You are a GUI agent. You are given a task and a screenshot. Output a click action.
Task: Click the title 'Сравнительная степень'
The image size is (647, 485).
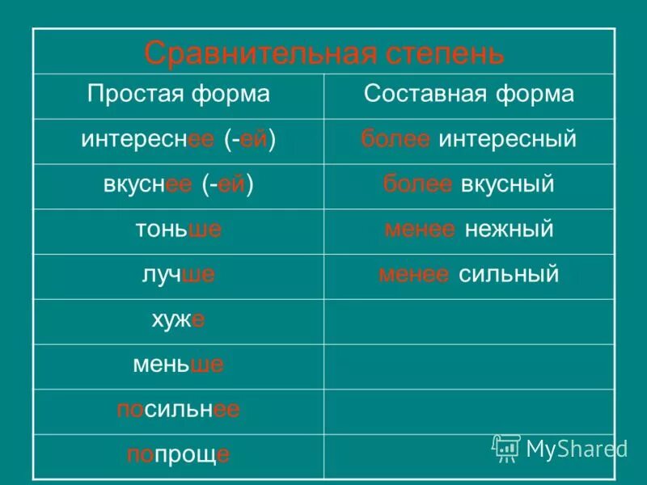(x=323, y=53)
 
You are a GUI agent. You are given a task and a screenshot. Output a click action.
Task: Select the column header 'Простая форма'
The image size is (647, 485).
(x=178, y=95)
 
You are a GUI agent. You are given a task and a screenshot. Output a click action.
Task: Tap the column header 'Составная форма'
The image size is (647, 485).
(x=469, y=95)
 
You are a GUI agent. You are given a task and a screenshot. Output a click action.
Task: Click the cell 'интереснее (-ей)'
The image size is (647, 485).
(x=179, y=139)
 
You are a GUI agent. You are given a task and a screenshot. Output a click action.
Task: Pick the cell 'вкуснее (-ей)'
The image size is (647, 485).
(x=179, y=184)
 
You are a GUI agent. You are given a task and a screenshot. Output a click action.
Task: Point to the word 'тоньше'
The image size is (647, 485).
(x=179, y=230)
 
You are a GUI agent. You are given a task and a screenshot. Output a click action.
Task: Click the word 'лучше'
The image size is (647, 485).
(x=179, y=275)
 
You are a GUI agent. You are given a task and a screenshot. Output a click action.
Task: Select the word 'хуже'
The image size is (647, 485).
(x=178, y=320)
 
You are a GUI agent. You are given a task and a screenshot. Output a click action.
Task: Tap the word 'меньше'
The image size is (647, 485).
(x=179, y=365)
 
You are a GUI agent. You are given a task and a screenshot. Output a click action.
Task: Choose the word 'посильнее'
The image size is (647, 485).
(x=179, y=411)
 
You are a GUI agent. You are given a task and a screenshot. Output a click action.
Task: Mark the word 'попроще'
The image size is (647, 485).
(x=179, y=455)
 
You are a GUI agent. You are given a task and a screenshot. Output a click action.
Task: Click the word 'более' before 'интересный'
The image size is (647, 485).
(x=396, y=139)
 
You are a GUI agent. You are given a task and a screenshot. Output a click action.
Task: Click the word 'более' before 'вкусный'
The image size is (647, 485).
(x=417, y=184)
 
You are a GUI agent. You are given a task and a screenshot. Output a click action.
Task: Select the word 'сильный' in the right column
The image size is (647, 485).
(x=509, y=275)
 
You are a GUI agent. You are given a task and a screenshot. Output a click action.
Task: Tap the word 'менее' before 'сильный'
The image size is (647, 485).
(x=414, y=275)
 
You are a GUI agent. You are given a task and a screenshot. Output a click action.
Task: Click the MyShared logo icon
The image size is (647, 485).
(x=506, y=448)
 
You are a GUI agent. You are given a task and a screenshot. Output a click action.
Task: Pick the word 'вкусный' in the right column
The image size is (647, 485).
(x=507, y=184)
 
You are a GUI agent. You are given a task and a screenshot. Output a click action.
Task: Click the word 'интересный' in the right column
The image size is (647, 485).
(x=507, y=139)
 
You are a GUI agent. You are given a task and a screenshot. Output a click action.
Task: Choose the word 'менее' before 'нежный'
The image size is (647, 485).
(x=419, y=230)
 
